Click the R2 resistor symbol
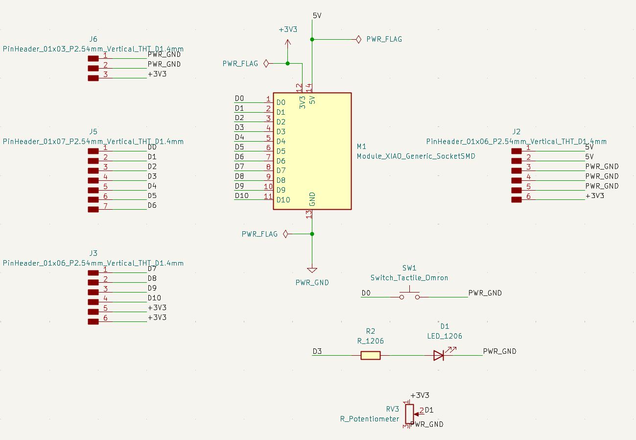371,356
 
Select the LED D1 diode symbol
439,355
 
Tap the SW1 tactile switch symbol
409,295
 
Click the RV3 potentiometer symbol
409,414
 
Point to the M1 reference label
361,147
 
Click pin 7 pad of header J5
93,210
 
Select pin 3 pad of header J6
93,78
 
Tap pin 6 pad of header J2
516,199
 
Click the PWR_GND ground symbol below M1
312,270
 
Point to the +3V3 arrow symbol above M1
287,43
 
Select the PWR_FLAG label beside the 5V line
384,39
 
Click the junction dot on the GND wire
312,234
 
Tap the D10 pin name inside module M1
283,200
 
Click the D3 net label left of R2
317,351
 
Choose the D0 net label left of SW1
366,293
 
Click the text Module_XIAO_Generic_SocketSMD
416,156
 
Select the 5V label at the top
317,16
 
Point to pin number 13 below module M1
308,214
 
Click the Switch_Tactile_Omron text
409,278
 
